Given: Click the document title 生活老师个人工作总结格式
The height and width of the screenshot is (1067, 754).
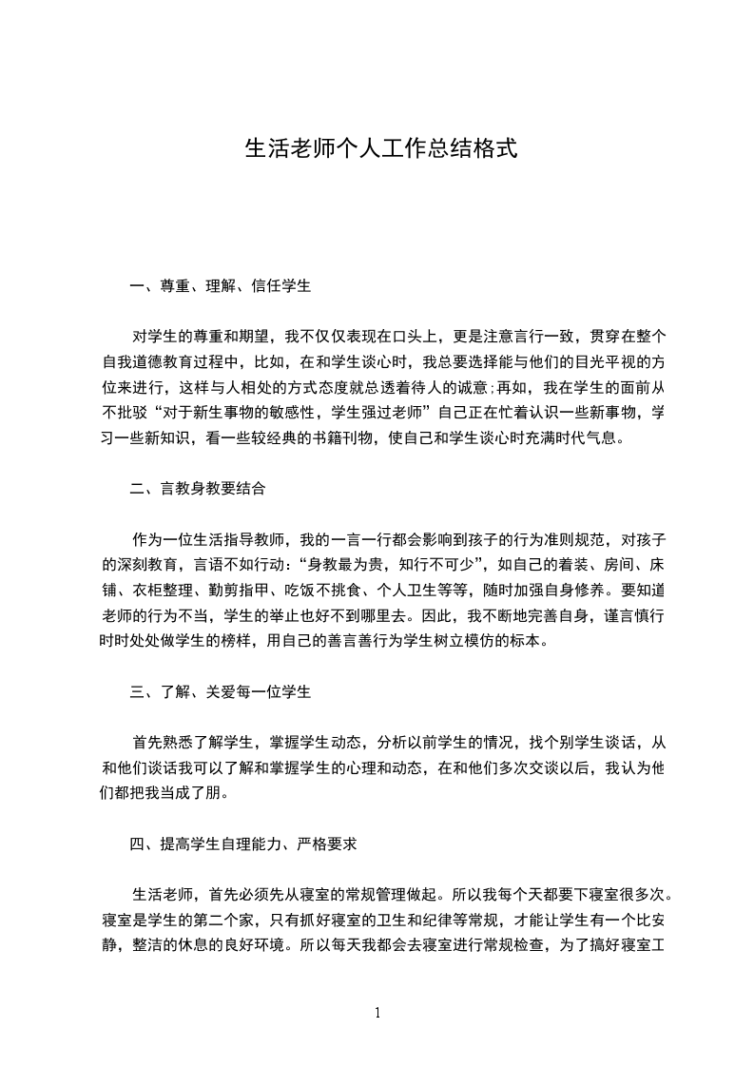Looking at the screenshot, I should pyautogui.click(x=380, y=149).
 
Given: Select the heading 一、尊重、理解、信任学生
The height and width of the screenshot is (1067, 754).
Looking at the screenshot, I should pyautogui.click(x=221, y=284).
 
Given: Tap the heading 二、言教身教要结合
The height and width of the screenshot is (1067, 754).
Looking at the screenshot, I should pyautogui.click(x=198, y=489).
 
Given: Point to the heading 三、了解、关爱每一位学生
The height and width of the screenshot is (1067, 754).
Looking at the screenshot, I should pyautogui.click(x=221, y=691).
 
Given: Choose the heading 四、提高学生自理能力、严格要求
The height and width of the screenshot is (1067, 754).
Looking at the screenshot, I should pyautogui.click(x=243, y=844).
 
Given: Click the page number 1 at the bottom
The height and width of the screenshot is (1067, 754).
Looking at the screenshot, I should pyautogui.click(x=377, y=1012).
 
